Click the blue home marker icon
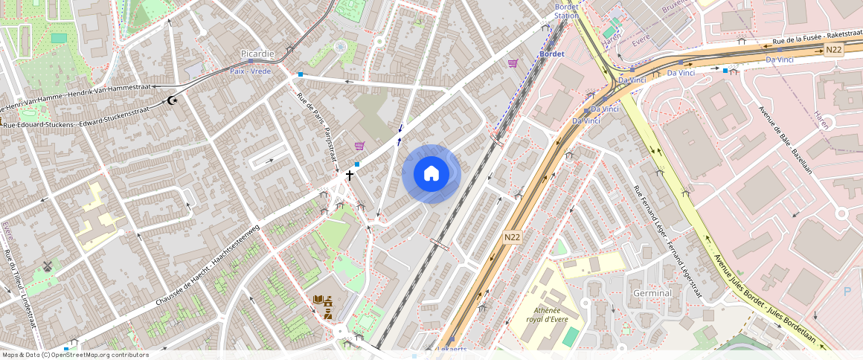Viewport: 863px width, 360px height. coord(431,174)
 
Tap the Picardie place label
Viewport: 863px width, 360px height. coord(257,54)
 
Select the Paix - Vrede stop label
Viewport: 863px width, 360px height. coord(250,71)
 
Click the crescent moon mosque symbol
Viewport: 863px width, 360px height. coord(173,100)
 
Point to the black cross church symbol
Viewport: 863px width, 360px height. coord(349,176)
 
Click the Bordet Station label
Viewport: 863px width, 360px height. coord(566,10)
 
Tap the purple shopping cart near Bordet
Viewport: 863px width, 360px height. coord(513,63)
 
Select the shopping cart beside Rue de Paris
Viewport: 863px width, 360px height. coord(360,147)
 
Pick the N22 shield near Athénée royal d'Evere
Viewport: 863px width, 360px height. coord(511,237)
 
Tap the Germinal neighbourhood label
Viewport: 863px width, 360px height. coord(652,293)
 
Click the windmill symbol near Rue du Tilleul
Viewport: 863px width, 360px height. coord(48,266)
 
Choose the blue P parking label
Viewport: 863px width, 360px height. coord(847,292)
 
